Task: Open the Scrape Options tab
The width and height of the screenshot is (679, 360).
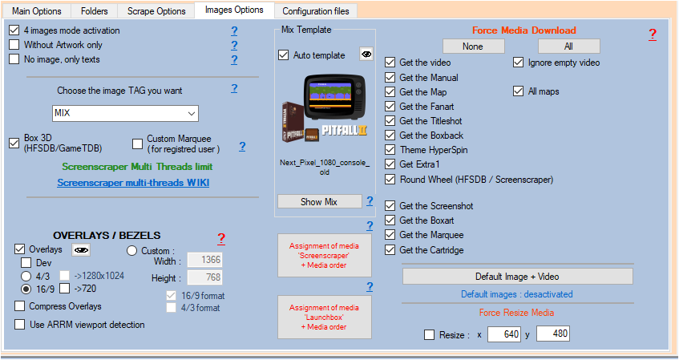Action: point(156,11)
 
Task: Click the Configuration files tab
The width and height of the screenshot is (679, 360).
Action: point(316,11)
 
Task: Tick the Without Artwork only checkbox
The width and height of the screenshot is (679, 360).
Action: point(14,45)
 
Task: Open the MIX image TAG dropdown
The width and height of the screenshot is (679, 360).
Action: point(125,114)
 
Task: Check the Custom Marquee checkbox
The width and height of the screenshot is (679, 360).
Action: point(137,144)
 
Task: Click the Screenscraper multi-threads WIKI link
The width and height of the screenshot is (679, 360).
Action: point(133,183)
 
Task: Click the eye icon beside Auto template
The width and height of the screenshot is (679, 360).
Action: point(366,55)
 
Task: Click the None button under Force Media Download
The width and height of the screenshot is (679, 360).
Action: point(473,47)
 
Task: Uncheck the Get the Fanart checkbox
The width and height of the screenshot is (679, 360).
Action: point(390,107)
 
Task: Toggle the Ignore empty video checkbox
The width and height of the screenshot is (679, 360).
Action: point(519,63)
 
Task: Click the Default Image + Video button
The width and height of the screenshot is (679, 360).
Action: point(518,277)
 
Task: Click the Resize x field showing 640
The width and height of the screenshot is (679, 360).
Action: point(504,334)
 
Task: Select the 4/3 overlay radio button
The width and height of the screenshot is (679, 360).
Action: point(26,277)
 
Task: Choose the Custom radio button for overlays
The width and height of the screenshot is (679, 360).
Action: point(131,251)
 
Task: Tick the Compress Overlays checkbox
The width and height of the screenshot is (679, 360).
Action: point(19,306)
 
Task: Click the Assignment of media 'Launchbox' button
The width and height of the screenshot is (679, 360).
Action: point(325,318)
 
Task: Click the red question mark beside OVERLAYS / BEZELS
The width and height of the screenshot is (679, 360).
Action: point(221,238)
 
